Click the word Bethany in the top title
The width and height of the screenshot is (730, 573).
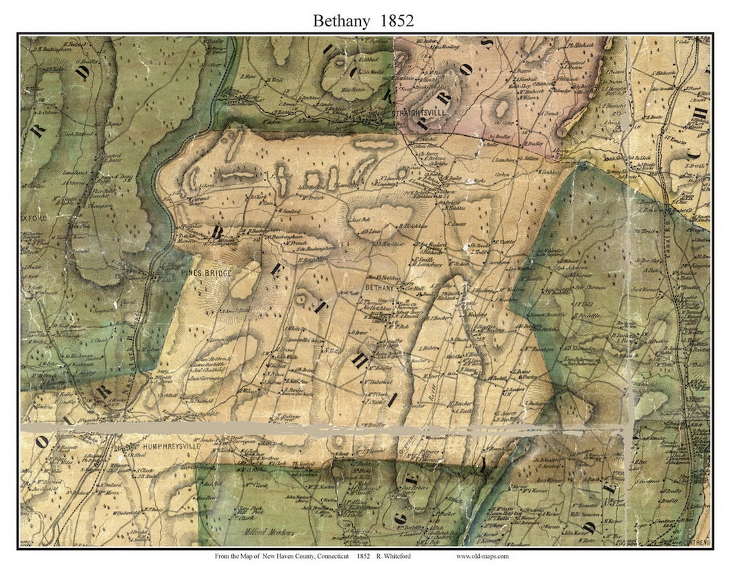tap(341, 21)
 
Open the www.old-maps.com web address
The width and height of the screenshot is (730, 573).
tap(483, 556)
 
